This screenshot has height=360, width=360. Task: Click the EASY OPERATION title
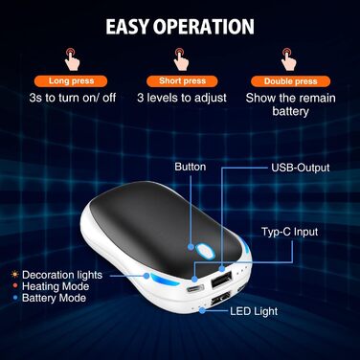180,25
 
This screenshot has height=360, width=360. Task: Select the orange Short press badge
180,81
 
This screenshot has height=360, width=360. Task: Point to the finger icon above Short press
180,56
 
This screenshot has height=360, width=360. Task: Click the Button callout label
190,168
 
